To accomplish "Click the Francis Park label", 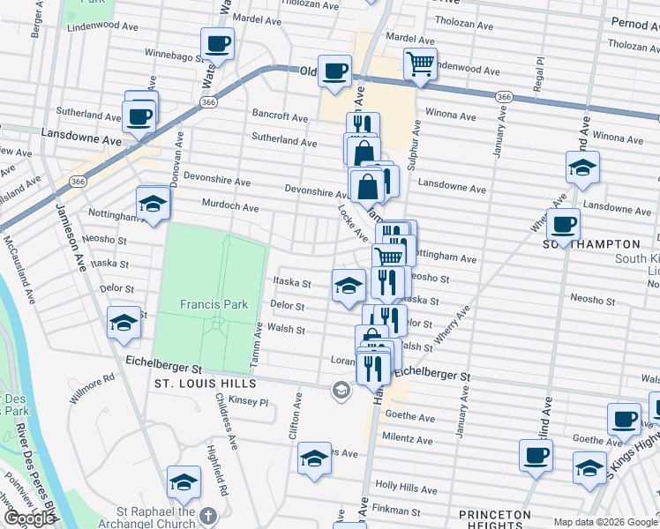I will (x=211, y=304).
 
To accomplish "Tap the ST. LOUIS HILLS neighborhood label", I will (x=205, y=384).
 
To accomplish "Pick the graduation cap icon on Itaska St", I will (x=349, y=285).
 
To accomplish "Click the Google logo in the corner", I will (x=28, y=518).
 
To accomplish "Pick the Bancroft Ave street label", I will (x=280, y=116).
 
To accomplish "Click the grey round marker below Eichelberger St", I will (x=341, y=390).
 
